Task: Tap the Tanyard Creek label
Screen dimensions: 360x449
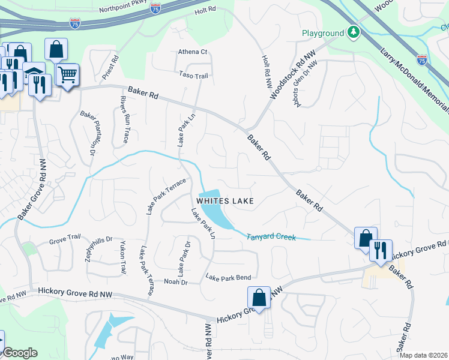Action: click(271, 237)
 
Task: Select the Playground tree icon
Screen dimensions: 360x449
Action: click(354, 32)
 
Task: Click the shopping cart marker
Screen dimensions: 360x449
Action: click(68, 75)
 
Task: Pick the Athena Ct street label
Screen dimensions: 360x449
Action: click(192, 52)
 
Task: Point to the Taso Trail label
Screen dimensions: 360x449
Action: click(193, 76)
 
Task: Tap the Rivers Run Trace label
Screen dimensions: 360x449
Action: click(124, 119)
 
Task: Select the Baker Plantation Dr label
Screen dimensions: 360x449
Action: click(89, 134)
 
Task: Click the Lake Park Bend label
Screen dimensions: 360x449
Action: click(228, 277)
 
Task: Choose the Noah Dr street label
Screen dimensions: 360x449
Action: click(176, 281)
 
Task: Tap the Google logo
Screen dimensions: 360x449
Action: click(20, 353)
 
